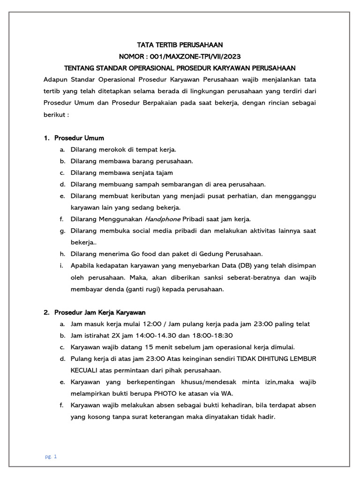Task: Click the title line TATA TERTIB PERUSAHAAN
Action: [180, 45]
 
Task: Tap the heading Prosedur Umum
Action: [79, 138]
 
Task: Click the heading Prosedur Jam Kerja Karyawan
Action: [100, 312]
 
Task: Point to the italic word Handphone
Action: [162, 219]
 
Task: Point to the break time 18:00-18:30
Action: [211, 336]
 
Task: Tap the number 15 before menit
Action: [149, 347]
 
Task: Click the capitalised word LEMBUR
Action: [303, 359]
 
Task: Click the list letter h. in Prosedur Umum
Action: [61, 254]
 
